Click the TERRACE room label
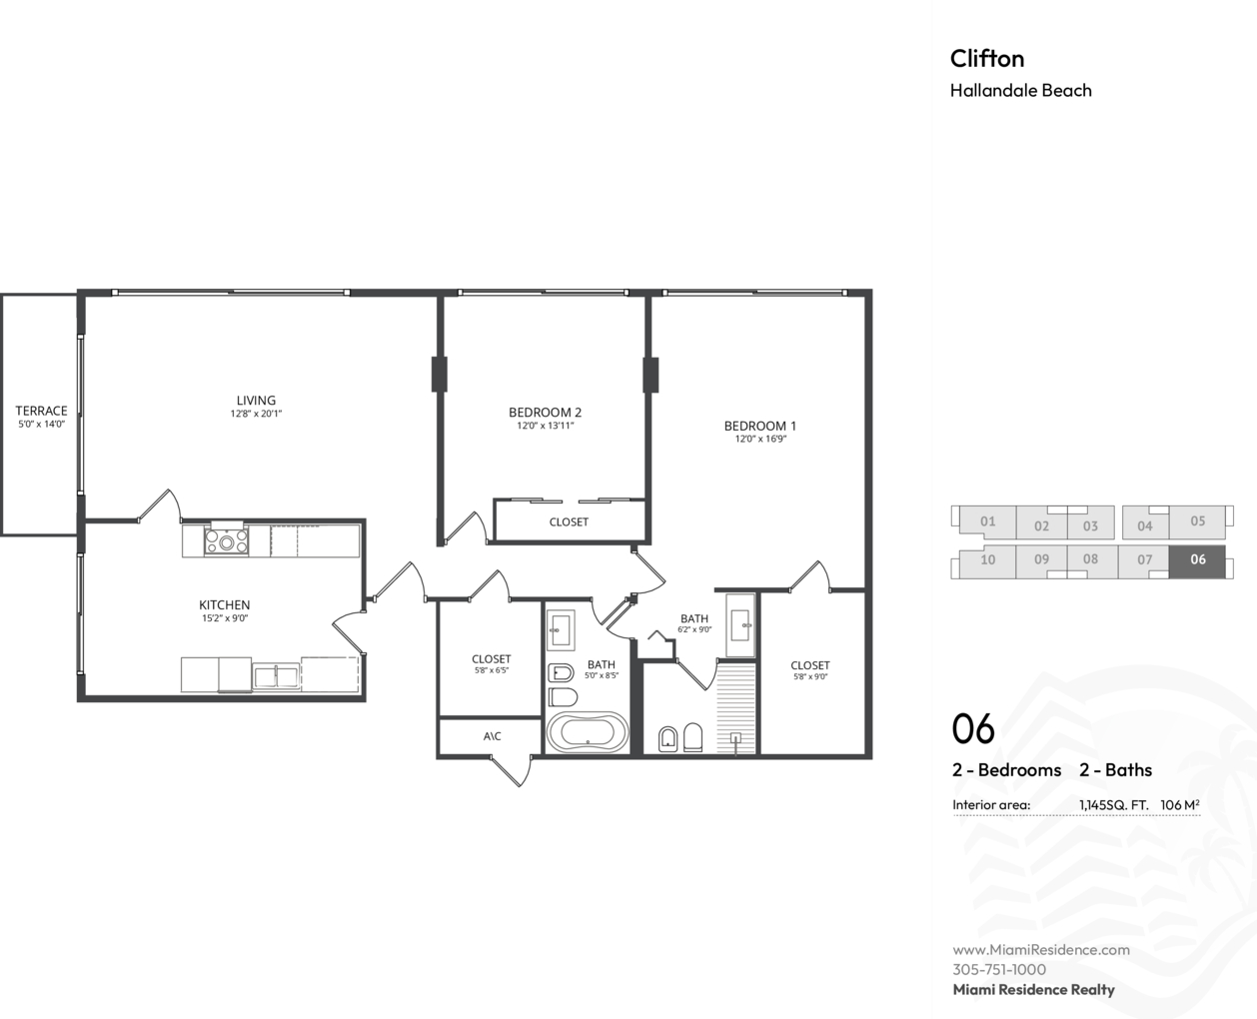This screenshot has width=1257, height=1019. coord(41,410)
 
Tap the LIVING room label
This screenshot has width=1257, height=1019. coord(256,400)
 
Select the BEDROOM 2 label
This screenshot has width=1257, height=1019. coord(546,412)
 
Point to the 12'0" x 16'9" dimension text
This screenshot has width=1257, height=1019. coord(760,439)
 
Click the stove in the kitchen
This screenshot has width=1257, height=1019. coord(227,539)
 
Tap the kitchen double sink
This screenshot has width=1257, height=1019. coord(276,676)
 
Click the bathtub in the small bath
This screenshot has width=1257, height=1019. coord(588,732)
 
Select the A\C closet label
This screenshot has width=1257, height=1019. coord(493,736)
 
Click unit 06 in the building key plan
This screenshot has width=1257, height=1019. coord(1197,559)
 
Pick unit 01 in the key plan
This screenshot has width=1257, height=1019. coord(987,521)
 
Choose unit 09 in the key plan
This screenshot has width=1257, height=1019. coord(1041,559)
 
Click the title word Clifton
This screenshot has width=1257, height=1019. coord(987,58)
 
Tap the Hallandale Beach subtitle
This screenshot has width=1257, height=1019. coord(1021,90)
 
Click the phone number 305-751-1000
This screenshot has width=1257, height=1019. coord(999,969)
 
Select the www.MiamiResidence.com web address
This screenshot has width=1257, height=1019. coord(1041,949)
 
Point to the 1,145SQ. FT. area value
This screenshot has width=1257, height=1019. coord(1114,805)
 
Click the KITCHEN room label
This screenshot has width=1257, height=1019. coord(224,604)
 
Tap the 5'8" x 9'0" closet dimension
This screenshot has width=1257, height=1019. coord(810,676)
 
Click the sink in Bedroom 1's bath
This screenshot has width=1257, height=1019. coord(740,624)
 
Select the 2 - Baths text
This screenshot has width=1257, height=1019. coord(1116,770)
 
